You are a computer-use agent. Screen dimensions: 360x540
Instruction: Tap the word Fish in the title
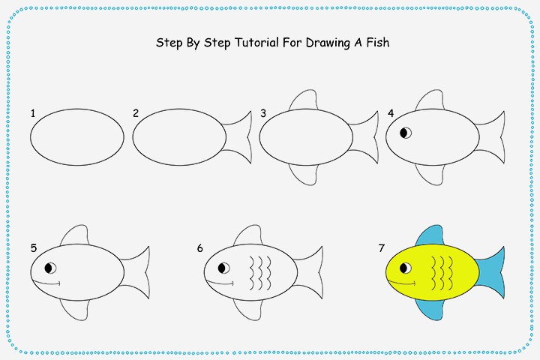tap(374, 43)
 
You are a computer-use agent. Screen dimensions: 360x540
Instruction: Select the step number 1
tap(33, 113)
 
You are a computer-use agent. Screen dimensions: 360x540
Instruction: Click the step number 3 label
tap(263, 113)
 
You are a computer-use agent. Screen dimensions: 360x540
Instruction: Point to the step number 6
tap(200, 248)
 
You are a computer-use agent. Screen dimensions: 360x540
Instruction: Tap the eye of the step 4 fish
tap(406, 133)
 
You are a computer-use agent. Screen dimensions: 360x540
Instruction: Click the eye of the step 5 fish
tap(50, 268)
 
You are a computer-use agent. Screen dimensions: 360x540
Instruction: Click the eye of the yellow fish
tap(406, 268)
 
